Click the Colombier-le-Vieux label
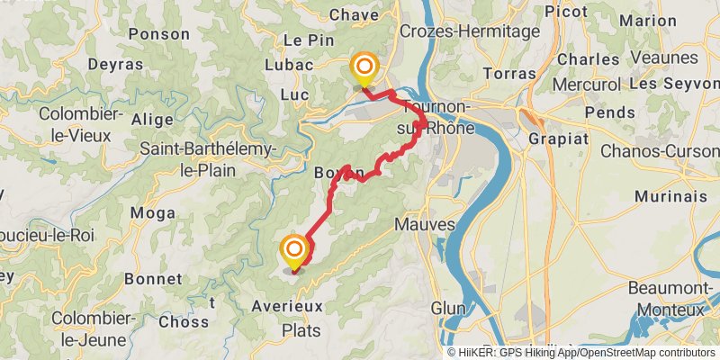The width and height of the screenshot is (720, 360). (x=62, y=125)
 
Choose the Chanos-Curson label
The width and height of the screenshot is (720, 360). (x=659, y=150)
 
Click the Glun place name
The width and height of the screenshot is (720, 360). (x=448, y=308)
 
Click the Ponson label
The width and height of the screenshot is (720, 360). (x=159, y=34)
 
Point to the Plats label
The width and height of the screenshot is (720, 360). (x=301, y=330)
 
